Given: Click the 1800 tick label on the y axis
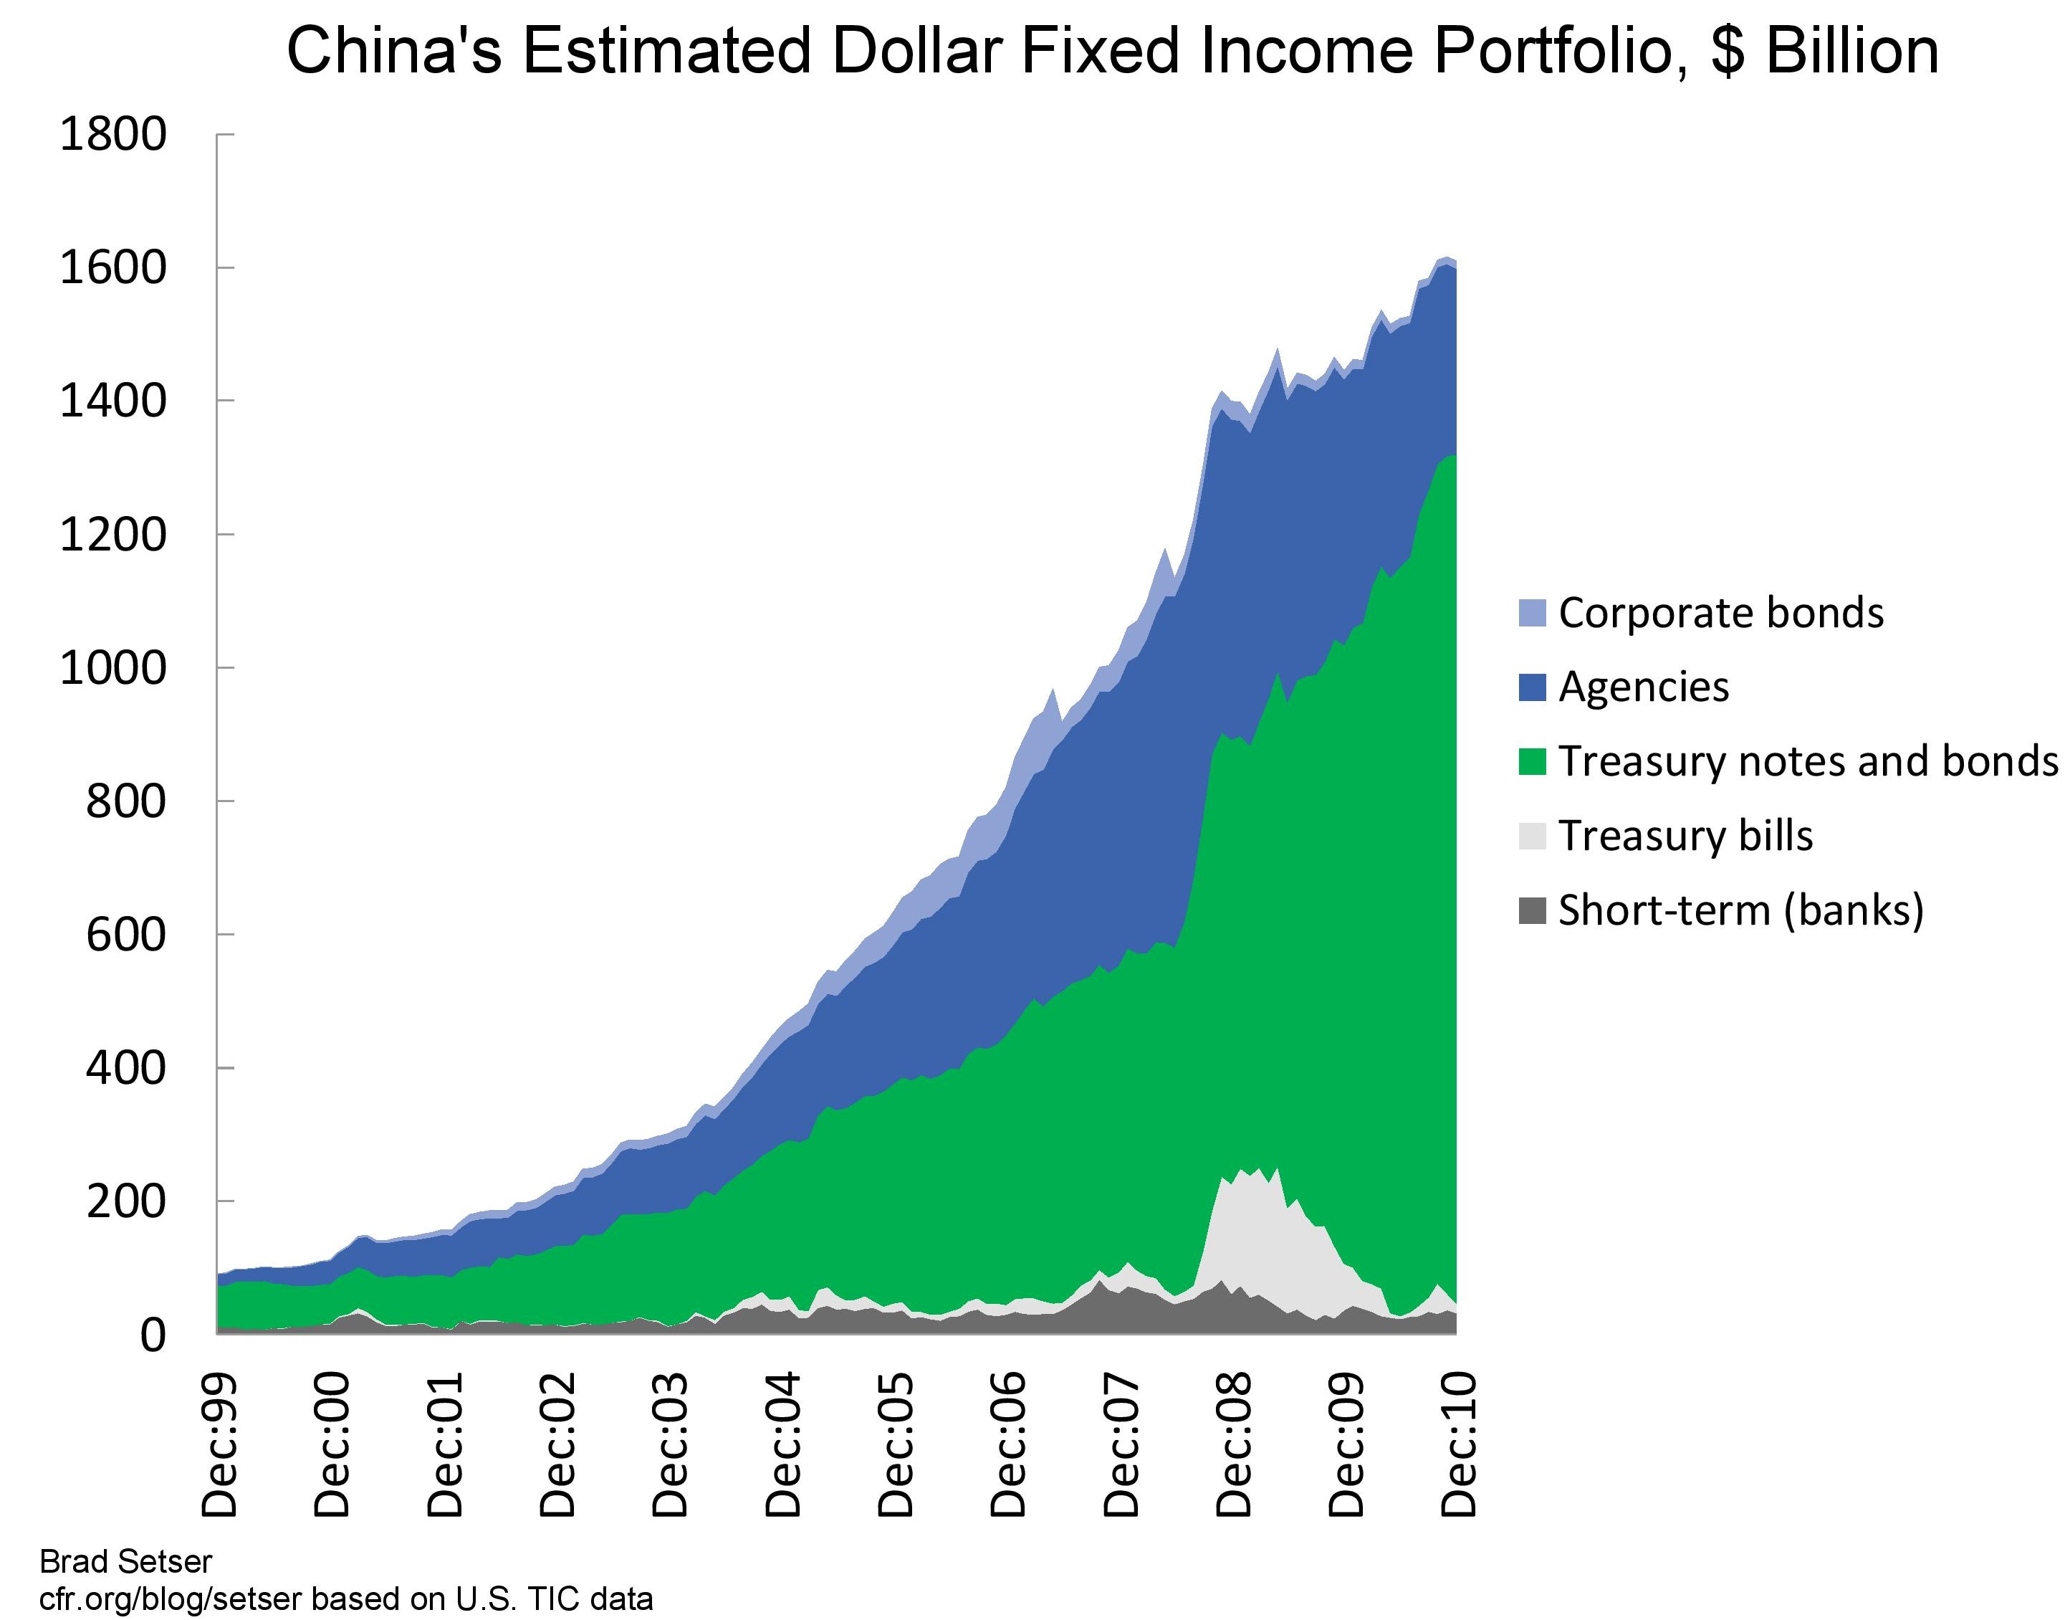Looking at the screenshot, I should click(112, 135).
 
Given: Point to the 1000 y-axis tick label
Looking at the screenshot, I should click(112, 669).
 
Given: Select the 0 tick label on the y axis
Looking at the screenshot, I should click(153, 1335).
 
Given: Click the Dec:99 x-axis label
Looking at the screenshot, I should click(220, 1446).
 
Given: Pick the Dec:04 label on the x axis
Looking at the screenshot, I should click(782, 1446).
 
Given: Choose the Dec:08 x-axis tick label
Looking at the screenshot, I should click(1234, 1446).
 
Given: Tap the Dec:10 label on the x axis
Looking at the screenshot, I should click(1458, 1446).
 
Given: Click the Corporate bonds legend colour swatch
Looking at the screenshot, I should click(1532, 613).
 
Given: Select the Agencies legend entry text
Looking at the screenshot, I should click(1643, 687).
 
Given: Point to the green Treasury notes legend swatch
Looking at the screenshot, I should click(1532, 761).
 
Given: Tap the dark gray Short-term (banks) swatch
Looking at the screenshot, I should click(1532, 910).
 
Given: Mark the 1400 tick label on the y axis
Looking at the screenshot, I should click(112, 401).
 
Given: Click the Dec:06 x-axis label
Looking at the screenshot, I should click(1008, 1446).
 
